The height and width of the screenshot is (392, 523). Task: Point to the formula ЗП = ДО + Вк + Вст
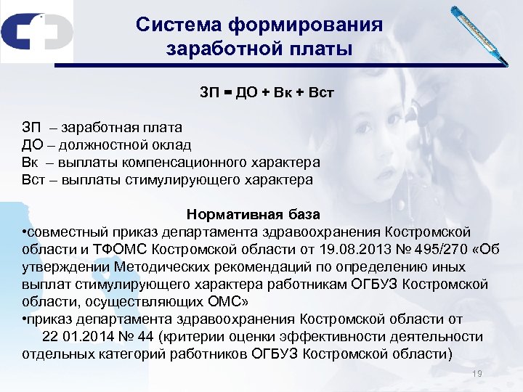(x=267, y=94)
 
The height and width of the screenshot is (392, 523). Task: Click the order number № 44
(x=147, y=337)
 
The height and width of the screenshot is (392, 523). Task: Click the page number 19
(x=477, y=373)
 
